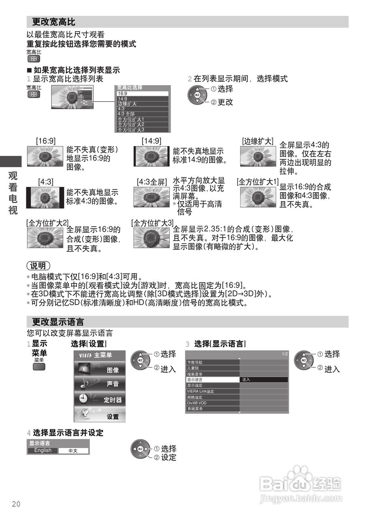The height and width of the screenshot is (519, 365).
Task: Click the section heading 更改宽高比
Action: tap(54, 22)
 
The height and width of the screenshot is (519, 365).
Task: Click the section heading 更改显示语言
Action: tap(58, 322)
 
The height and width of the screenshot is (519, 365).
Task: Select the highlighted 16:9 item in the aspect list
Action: tap(142, 93)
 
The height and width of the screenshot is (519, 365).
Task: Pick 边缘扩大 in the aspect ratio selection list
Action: tap(142, 104)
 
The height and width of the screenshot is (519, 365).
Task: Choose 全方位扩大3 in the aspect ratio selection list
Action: tap(142, 130)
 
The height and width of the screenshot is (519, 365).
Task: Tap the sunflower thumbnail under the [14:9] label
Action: tap(152, 157)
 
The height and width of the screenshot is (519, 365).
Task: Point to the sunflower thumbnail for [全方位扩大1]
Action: tap(258, 197)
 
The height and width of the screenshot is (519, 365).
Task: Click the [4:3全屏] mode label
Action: tap(152, 182)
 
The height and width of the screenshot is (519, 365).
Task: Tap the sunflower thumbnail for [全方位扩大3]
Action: tap(152, 238)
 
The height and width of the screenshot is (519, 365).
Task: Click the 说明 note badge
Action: tap(39, 266)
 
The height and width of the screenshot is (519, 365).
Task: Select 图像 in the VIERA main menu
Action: tap(100, 370)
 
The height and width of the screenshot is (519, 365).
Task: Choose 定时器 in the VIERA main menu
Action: tap(100, 400)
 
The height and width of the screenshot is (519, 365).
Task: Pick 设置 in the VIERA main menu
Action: tap(100, 416)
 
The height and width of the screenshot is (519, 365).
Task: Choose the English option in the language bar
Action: tap(43, 450)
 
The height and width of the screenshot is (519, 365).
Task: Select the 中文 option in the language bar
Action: tap(73, 450)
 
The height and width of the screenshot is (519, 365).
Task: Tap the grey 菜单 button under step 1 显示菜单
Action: tap(39, 367)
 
